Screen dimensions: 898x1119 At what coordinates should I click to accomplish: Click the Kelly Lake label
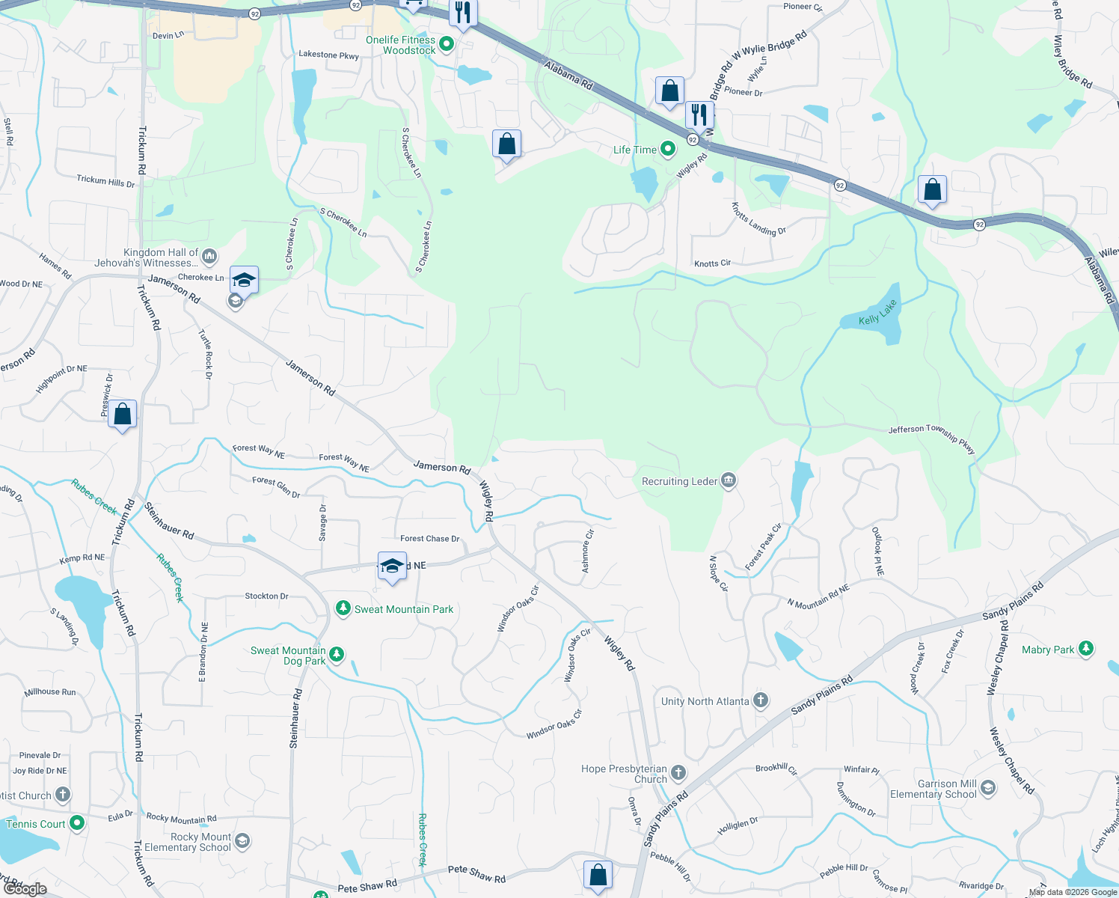click(x=877, y=314)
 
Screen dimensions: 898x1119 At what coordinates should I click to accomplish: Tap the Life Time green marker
click(x=668, y=150)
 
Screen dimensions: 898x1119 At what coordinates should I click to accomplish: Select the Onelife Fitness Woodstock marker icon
click(x=447, y=45)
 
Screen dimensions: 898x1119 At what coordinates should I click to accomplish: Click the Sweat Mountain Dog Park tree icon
click(x=337, y=656)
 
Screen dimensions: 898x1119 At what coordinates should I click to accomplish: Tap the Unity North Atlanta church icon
click(x=760, y=701)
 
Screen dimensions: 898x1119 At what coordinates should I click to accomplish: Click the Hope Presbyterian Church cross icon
click(x=678, y=773)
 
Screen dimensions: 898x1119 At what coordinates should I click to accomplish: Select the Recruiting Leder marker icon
click(x=728, y=481)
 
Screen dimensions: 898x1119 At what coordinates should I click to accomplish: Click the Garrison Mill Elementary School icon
click(x=988, y=788)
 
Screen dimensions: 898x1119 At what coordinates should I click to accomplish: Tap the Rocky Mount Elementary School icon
click(x=242, y=842)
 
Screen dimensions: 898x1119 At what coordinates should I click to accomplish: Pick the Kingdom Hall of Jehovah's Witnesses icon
click(x=209, y=257)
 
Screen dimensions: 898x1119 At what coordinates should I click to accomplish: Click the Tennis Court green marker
click(x=77, y=824)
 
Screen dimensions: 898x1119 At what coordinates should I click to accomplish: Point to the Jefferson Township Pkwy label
click(x=931, y=438)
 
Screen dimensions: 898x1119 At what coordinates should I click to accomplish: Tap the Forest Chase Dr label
click(x=429, y=539)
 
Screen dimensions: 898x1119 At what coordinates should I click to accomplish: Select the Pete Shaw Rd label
click(x=476, y=873)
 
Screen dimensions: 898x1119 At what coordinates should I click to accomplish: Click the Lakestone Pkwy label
click(x=328, y=55)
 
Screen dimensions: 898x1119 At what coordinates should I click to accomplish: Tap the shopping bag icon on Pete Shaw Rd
click(x=598, y=874)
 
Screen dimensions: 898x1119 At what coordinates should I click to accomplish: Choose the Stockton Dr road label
click(x=266, y=596)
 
